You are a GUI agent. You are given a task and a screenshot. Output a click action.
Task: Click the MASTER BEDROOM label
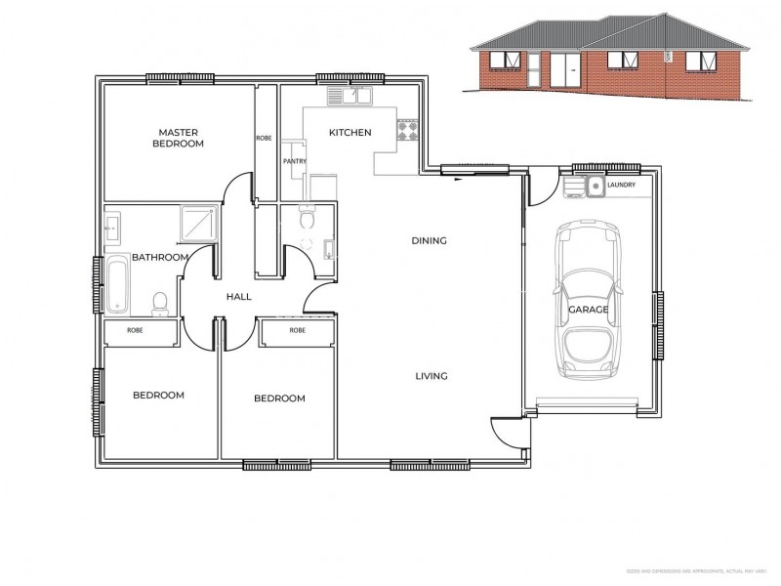click(181, 138)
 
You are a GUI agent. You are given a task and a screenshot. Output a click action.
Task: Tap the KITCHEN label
click(349, 133)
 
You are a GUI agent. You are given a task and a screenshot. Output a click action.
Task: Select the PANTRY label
click(294, 161)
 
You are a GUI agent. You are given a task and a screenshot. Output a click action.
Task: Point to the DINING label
click(429, 240)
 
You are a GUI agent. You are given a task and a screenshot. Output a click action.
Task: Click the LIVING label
click(431, 376)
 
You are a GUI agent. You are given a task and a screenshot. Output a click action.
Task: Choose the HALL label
click(239, 297)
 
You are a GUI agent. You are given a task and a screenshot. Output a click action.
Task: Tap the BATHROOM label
click(160, 257)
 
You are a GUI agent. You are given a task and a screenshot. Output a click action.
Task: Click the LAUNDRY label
click(621, 185)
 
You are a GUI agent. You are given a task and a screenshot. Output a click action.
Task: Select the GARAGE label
click(589, 310)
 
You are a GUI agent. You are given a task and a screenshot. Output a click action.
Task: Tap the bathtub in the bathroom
click(117, 284)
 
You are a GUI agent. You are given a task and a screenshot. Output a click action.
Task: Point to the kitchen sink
click(349, 96)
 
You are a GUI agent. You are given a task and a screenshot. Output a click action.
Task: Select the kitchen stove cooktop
click(407, 129)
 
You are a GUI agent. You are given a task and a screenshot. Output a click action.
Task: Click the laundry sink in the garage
click(594, 185)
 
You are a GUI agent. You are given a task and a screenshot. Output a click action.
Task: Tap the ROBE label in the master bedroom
click(264, 138)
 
